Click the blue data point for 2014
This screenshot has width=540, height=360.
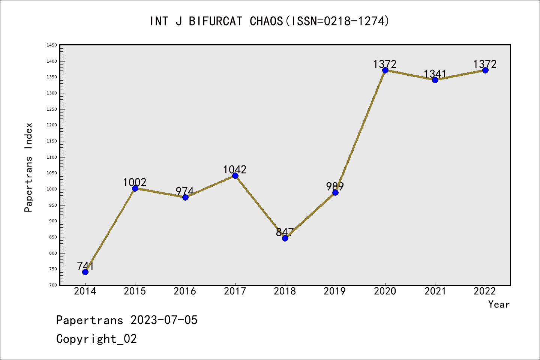85,272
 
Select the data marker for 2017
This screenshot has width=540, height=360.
235,176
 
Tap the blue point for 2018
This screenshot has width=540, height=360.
285,238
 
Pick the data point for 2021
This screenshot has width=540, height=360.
435,80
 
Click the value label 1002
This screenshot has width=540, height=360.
135,183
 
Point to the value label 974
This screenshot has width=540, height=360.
184,191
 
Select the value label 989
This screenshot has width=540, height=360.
335,186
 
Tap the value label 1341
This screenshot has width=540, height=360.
435,73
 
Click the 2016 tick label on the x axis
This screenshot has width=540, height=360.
185,291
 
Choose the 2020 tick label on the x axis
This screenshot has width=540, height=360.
385,291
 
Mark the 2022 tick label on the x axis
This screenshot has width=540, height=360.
485,291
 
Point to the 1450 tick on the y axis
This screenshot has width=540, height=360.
52,45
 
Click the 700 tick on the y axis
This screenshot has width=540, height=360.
53,285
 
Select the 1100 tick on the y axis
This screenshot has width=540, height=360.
52,157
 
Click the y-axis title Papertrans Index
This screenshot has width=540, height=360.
28,167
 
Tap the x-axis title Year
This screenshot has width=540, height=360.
499,304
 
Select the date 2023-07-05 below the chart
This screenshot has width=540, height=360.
164,320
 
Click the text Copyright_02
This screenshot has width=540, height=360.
96,339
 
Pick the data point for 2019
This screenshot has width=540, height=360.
335,192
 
